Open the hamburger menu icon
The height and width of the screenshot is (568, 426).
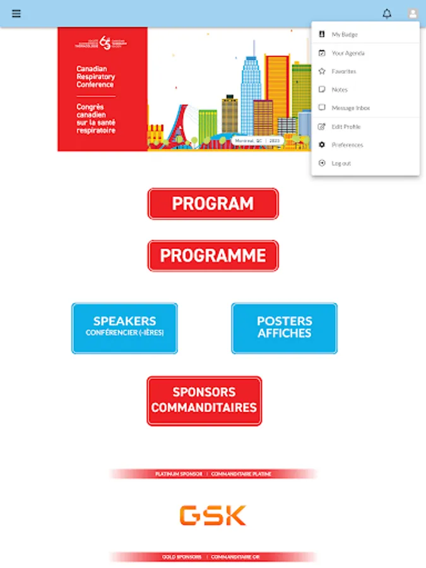tap(16, 13)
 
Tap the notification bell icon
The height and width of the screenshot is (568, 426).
tap(387, 13)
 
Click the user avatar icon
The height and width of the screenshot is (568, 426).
tap(413, 13)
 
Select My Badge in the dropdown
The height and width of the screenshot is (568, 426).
tap(345, 34)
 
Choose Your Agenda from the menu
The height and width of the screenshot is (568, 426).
tap(348, 53)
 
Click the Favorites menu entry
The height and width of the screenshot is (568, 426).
tap(344, 71)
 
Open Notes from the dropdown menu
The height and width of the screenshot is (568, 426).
tap(340, 90)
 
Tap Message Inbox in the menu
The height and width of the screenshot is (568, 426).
tap(351, 108)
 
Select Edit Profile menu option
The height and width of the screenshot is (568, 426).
tap(346, 127)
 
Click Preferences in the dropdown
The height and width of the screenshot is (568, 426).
tap(347, 145)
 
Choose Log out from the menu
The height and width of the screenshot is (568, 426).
tap(341, 163)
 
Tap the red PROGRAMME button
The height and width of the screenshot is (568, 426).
tap(213, 256)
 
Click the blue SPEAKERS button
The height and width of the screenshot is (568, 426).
tap(124, 328)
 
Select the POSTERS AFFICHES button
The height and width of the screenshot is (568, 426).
tap(284, 328)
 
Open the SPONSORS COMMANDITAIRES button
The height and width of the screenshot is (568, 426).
tap(204, 401)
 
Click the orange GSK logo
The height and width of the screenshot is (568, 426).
tap(213, 516)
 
